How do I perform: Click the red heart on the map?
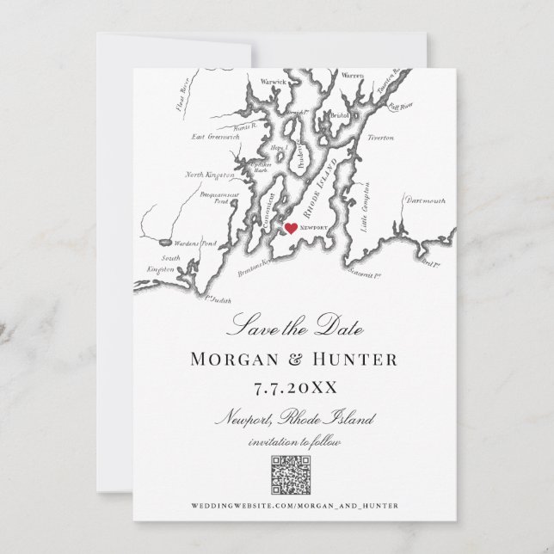[x=291, y=229]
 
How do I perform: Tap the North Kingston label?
[x=209, y=175]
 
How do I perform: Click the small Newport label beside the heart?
[x=314, y=228]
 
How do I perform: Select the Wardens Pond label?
[x=182, y=243]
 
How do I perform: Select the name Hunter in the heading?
[x=354, y=358]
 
